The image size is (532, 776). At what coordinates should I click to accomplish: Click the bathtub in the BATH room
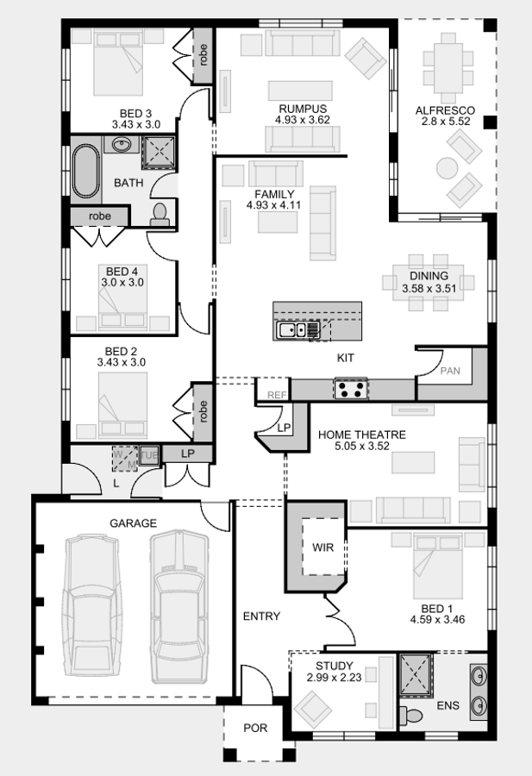pos(85,171)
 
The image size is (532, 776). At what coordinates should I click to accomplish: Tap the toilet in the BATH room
pos(160,215)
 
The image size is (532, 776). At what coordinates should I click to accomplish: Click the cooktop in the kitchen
pos(350,389)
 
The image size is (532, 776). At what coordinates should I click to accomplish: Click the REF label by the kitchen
pos(276,394)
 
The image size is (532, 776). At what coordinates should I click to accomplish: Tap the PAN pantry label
pos(450,370)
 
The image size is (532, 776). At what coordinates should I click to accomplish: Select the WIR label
pos(323,547)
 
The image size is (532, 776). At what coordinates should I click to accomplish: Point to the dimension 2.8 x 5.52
pos(444,122)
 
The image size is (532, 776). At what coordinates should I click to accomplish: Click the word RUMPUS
pos(302,109)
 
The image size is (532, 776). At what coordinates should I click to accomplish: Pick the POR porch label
pos(255,728)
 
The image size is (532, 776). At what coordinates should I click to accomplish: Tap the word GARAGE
pos(133,523)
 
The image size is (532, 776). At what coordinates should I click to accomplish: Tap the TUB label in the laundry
pos(150,454)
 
